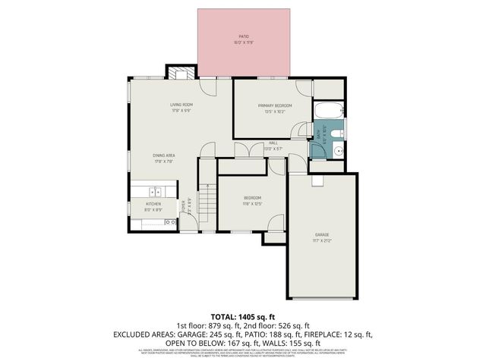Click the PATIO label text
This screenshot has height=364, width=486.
[x=243, y=36]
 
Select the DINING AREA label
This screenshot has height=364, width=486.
[x=165, y=155]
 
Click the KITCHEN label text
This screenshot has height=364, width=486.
[x=153, y=204]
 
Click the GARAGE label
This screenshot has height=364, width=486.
[x=322, y=235]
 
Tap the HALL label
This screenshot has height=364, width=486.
[x=273, y=142]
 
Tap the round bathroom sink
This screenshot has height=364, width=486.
[x=338, y=149]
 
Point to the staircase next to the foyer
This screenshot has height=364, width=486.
[x=207, y=203]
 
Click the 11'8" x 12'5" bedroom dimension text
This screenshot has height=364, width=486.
[x=252, y=203]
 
